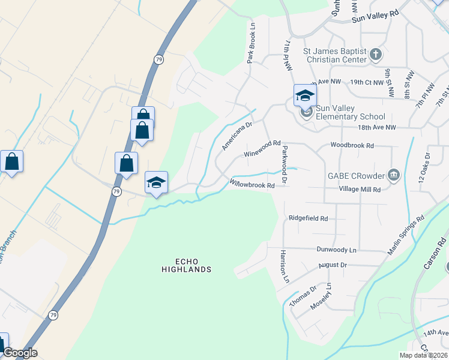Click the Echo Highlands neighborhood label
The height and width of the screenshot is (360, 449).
pyautogui.click(x=186, y=265)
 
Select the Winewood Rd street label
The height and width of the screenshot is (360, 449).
pyautogui.click(x=262, y=149)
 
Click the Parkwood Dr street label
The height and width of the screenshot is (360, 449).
pyautogui.click(x=285, y=164)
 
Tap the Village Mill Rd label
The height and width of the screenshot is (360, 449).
pyautogui.click(x=360, y=190)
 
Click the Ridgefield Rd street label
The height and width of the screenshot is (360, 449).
pyautogui.click(x=308, y=218)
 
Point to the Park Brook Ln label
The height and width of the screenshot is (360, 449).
pyautogui.click(x=252, y=43)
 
